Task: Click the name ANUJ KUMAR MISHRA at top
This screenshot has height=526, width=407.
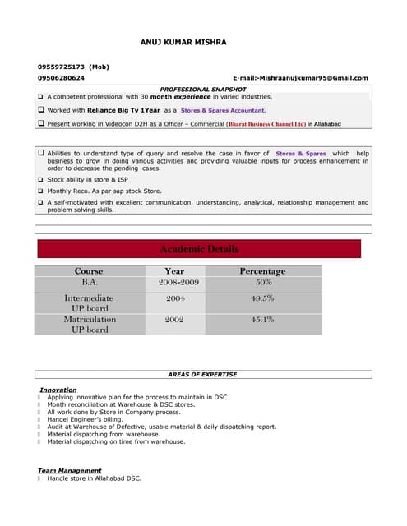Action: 183,41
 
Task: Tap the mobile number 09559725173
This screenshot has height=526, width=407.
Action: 62,67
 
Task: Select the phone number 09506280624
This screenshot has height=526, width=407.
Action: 61,78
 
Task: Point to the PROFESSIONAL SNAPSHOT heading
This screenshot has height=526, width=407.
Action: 202,89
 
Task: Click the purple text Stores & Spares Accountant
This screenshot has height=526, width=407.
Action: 223,110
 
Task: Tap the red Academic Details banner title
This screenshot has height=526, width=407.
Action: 199,249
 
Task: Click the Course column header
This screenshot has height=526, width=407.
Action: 89,271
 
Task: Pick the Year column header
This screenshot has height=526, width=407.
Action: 174,271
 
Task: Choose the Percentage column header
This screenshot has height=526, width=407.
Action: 262,271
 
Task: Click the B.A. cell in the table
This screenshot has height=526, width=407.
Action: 89,282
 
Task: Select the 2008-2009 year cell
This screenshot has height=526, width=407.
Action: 178,282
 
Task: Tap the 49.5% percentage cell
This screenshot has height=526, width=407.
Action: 262,298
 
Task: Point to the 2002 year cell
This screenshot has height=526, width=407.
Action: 174,319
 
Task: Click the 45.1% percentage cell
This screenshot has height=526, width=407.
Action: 262,319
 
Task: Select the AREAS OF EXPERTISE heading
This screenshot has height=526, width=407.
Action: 202,375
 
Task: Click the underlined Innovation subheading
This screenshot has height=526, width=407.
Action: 58,390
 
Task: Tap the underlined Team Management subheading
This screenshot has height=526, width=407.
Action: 70,470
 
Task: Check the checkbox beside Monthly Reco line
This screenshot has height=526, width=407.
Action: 40,191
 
